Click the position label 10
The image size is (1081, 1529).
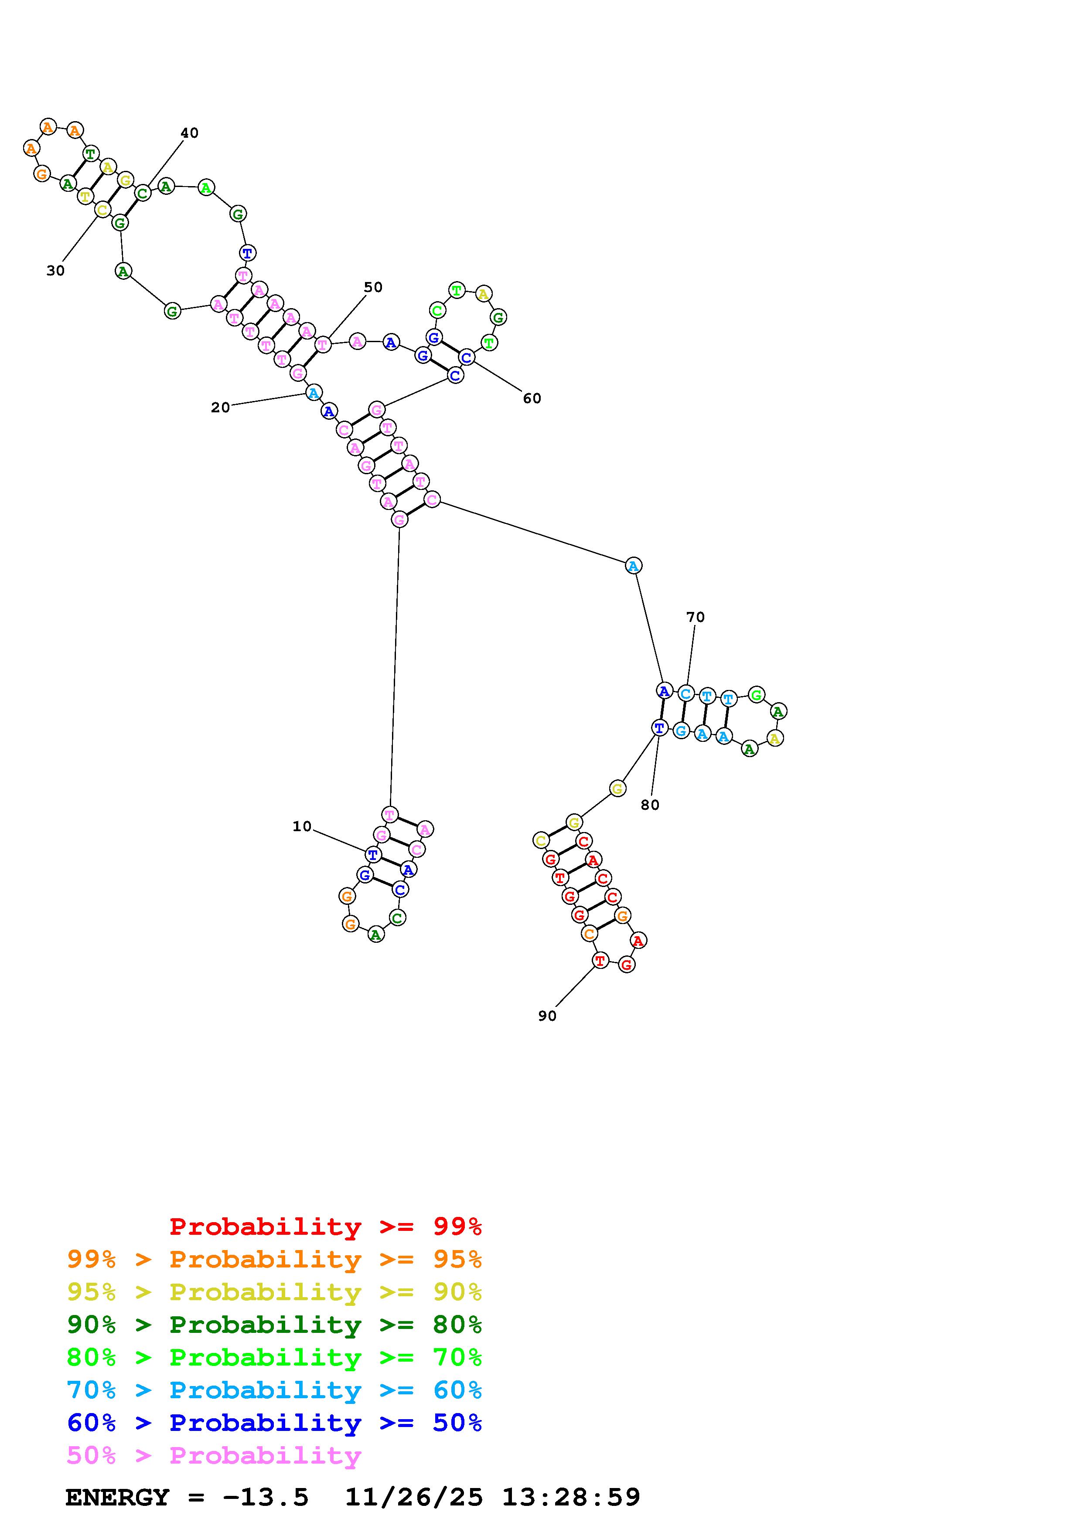tap(302, 826)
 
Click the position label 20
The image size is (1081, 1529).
tap(221, 408)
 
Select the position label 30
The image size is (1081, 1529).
tap(55, 270)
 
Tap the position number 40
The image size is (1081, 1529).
tap(190, 133)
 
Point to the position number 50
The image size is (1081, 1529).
tap(373, 287)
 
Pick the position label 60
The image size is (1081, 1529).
tap(532, 398)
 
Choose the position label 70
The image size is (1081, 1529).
tap(696, 617)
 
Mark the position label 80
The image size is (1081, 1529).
tap(650, 805)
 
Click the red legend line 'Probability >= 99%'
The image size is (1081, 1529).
tap(326, 1227)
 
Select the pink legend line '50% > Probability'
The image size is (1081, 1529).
tap(214, 1456)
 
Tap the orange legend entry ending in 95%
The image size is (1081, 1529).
tap(274, 1259)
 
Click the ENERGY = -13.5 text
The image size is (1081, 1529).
tap(187, 1498)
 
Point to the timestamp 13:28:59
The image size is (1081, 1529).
tap(571, 1498)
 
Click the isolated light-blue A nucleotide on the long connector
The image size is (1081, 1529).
tap(634, 566)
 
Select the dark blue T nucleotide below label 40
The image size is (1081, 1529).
tap(248, 253)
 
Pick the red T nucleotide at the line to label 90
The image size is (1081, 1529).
tap(600, 960)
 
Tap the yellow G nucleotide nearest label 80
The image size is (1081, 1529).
tap(617, 788)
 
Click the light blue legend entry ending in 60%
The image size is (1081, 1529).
tap(274, 1390)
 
